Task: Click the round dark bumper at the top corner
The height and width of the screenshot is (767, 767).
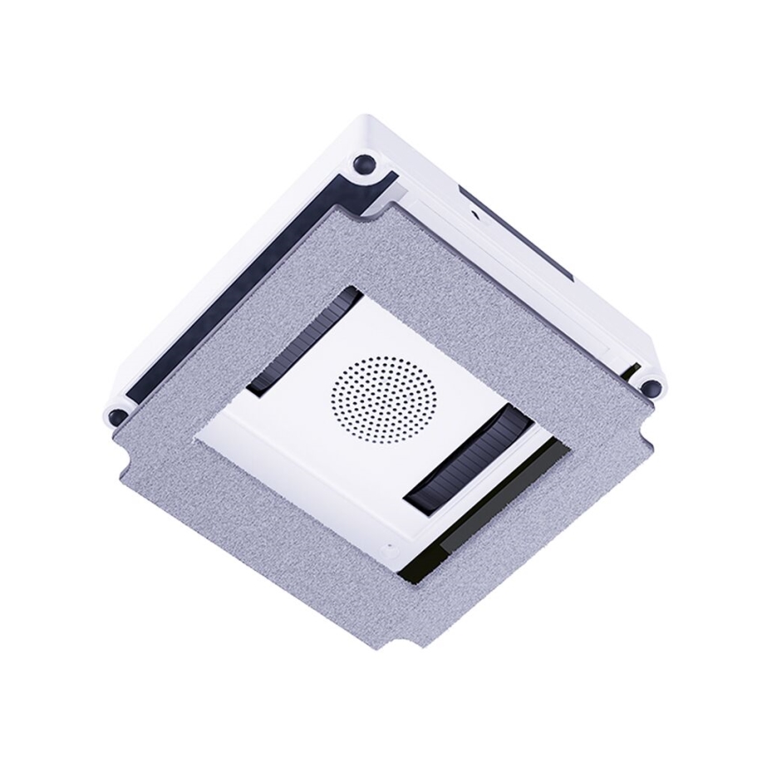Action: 362,163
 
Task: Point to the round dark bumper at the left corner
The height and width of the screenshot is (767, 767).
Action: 115,416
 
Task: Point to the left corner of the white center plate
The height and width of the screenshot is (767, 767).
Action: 199,432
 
